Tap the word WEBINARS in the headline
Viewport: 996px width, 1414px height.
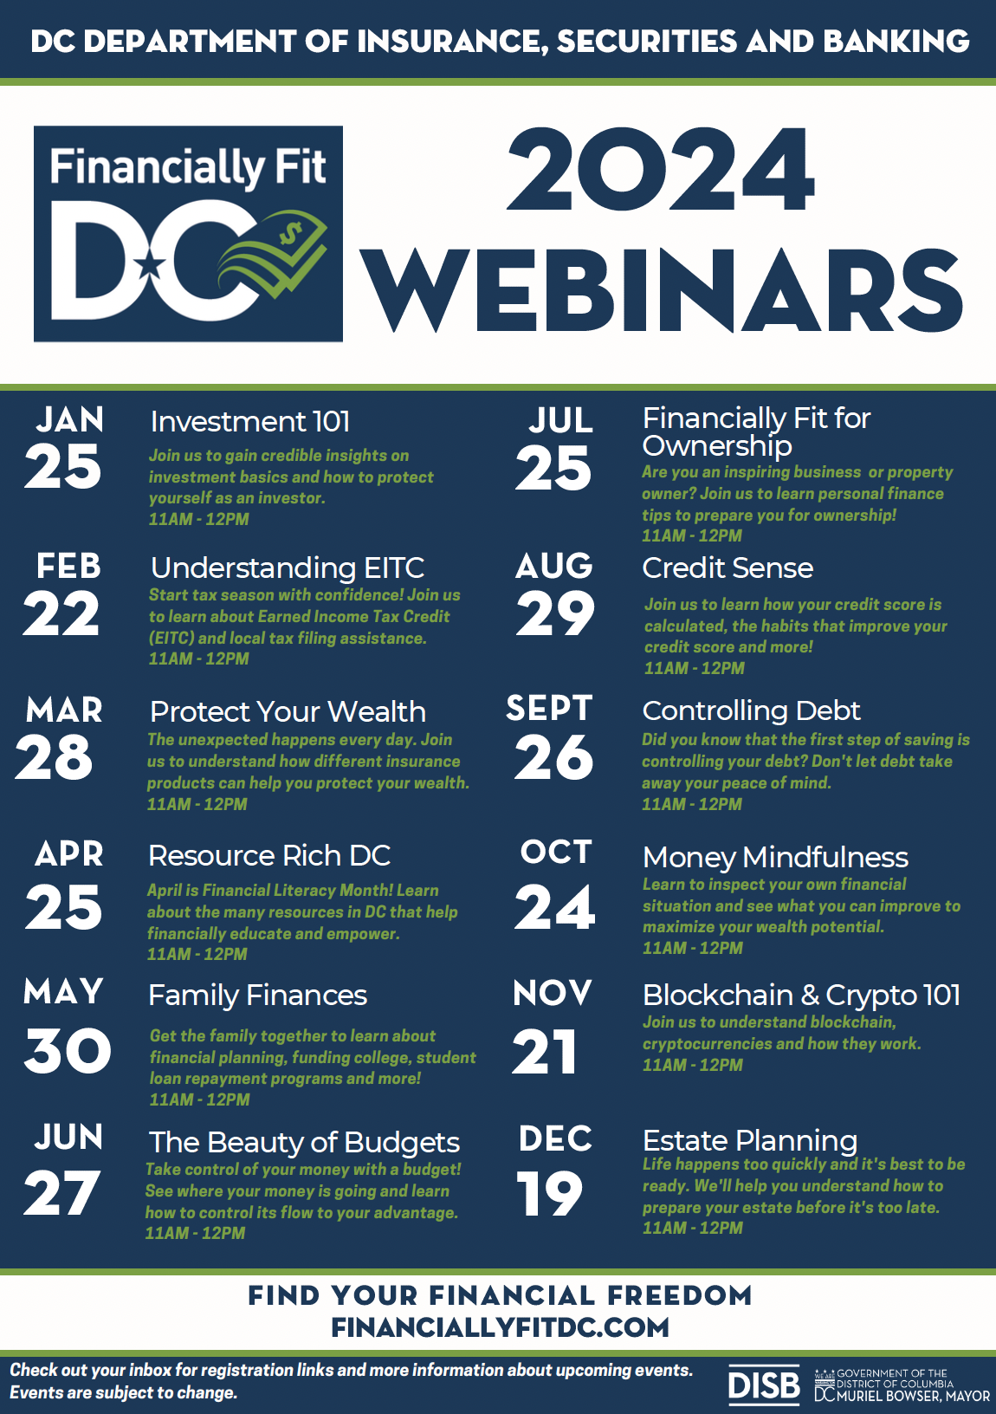click(662, 290)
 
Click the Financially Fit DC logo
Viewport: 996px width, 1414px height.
click(188, 233)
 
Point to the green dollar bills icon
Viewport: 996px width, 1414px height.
click(275, 257)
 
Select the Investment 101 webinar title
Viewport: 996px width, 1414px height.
click(250, 422)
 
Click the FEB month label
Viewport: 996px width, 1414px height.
click(68, 567)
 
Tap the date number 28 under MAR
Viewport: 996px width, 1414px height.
click(54, 757)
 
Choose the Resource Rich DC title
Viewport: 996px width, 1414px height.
click(269, 856)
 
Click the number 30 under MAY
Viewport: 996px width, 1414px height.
click(68, 1051)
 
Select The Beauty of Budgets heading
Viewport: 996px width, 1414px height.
click(304, 1143)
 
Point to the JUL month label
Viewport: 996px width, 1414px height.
click(561, 421)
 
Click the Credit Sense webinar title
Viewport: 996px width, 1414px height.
click(728, 568)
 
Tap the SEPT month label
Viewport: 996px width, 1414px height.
click(549, 709)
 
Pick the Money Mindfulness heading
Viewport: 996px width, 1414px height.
click(775, 858)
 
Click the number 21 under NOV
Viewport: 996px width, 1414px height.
click(544, 1053)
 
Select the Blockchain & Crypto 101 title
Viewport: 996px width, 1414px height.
click(801, 996)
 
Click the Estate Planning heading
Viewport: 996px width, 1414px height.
click(750, 1140)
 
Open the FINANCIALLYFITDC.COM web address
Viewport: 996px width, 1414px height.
click(500, 1327)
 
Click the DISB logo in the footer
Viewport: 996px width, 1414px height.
click(764, 1385)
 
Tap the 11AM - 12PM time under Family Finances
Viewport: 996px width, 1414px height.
click(200, 1099)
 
